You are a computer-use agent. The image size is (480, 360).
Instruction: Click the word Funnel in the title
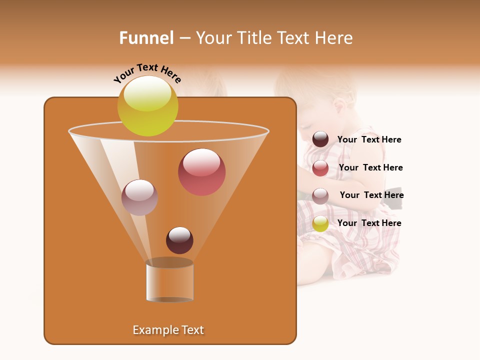pyautogui.click(x=146, y=38)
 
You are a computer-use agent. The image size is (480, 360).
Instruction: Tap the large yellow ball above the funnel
pyautogui.click(x=147, y=106)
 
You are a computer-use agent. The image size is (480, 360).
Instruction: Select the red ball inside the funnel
pyautogui.click(x=201, y=172)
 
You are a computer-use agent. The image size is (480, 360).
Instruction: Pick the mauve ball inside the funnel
pyautogui.click(x=139, y=197)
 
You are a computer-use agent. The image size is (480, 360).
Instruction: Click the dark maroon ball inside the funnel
pyautogui.click(x=179, y=240)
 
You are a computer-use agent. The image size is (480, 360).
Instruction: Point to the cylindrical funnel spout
pyautogui.click(x=169, y=281)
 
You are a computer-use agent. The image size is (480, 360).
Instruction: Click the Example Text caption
pyautogui.click(x=168, y=330)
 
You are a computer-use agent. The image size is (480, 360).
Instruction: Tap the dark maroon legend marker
pyautogui.click(x=320, y=139)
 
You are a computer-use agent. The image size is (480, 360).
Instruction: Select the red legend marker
pyautogui.click(x=320, y=168)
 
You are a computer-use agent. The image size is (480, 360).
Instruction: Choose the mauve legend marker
pyautogui.click(x=320, y=195)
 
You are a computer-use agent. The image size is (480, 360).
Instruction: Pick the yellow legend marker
pyautogui.click(x=320, y=223)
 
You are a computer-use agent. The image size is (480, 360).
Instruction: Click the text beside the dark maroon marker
pyautogui.click(x=369, y=140)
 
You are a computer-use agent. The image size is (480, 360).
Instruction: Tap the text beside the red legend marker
pyautogui.click(x=370, y=168)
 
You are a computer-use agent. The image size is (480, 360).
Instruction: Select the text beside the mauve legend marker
pyautogui.click(x=371, y=195)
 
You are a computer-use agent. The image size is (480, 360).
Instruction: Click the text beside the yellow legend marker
pyautogui.click(x=369, y=223)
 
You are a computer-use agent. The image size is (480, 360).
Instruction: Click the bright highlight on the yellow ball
pyautogui.click(x=147, y=93)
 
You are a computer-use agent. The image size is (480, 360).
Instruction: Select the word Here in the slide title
pyautogui.click(x=334, y=38)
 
